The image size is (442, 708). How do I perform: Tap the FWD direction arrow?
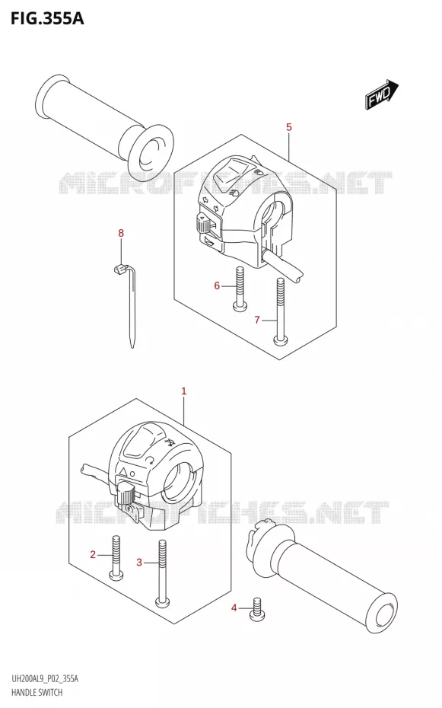381,94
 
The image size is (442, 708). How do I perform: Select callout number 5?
289,127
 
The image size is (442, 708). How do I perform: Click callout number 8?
121,234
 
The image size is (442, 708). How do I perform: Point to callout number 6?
217,285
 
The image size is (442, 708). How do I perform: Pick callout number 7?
257,321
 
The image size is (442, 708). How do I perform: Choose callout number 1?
183,391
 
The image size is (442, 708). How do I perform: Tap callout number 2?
93,554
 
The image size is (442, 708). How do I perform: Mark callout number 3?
139,562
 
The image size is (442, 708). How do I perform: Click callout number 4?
234,608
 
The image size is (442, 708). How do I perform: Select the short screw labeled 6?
240,289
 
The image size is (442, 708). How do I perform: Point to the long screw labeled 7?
281,311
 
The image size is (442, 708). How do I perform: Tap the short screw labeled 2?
117,557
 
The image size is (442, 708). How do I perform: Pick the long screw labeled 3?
162,573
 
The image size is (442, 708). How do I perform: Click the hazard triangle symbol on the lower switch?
122,472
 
